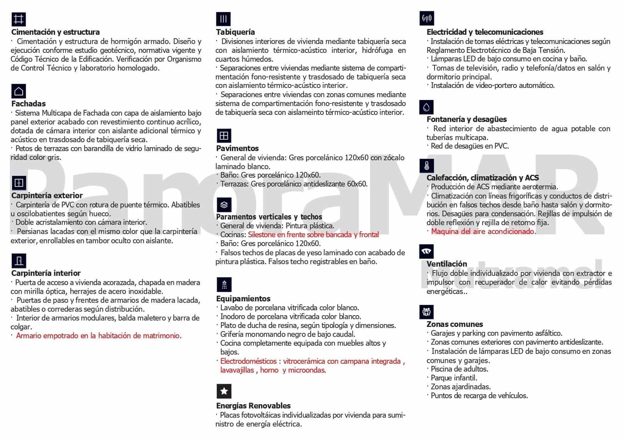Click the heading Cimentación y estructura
point(55,32)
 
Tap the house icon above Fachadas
point(18,91)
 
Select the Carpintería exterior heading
point(47,195)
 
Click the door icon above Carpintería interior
point(18,260)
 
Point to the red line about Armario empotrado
point(98,336)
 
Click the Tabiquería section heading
point(235,32)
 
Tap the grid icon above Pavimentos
point(224,136)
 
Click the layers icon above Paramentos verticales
point(224,205)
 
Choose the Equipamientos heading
point(243,298)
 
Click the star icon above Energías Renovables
point(224,391)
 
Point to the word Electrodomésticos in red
point(248,361)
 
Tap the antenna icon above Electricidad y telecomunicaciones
point(427,18)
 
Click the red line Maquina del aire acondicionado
point(483,231)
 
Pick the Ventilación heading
point(446,263)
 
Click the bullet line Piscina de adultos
point(459,369)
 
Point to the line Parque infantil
point(454,378)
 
